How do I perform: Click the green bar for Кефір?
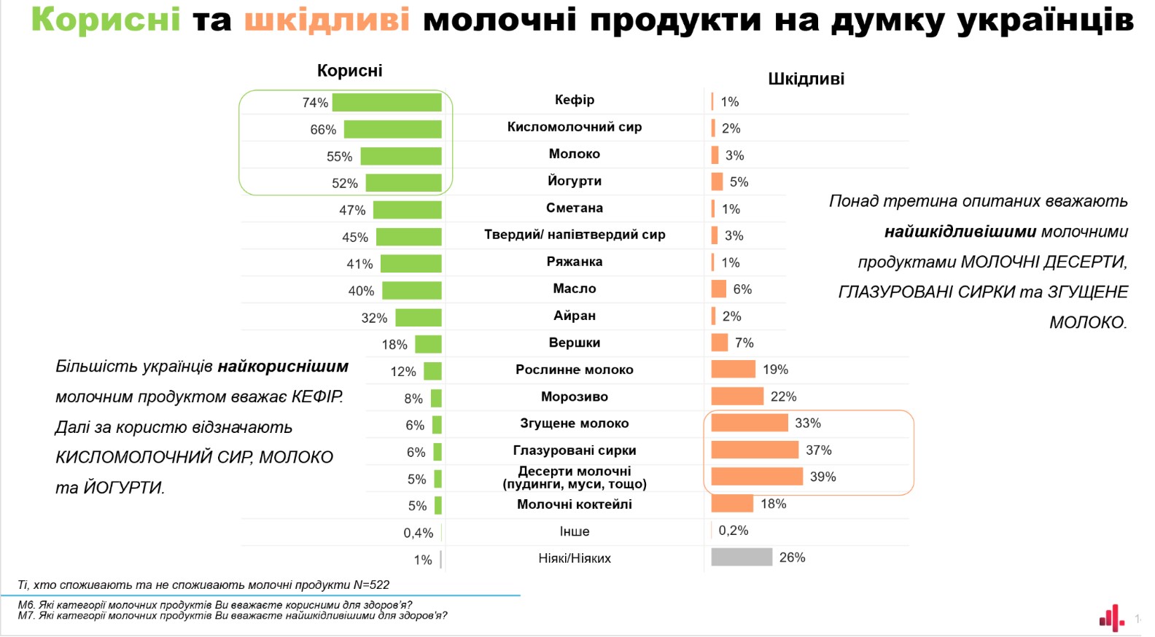click(x=386, y=103)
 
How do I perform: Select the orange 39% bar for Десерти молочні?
click(x=757, y=477)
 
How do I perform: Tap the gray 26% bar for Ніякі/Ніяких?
click(x=741, y=558)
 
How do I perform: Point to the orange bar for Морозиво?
click(x=736, y=396)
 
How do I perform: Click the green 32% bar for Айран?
click(x=419, y=318)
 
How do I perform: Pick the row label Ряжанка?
click(x=575, y=262)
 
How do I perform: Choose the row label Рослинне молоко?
click(x=575, y=370)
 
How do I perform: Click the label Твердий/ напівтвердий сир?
click(x=575, y=235)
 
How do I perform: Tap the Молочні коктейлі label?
click(x=575, y=504)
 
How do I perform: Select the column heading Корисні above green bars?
click(x=349, y=71)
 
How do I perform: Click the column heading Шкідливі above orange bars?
click(x=806, y=79)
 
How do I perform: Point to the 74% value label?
click(x=315, y=103)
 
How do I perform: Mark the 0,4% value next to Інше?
click(x=418, y=533)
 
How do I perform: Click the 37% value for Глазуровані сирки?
click(x=818, y=450)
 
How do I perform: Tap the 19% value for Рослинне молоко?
click(x=775, y=370)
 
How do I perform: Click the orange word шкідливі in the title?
click(x=327, y=20)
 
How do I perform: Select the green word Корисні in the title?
click(x=106, y=20)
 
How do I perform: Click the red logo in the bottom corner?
click(x=1112, y=618)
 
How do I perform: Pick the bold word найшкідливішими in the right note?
click(x=960, y=232)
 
